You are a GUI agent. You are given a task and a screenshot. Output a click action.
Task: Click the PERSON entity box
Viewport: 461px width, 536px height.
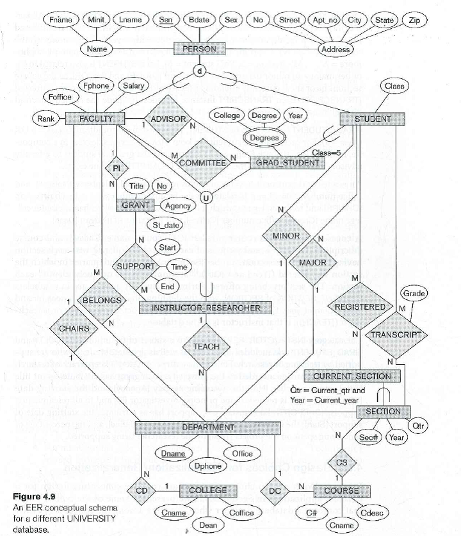[199, 48]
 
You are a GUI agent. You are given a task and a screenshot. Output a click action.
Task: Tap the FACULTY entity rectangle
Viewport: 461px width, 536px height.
[95, 119]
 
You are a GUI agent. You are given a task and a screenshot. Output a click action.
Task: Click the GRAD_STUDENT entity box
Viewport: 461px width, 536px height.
[287, 163]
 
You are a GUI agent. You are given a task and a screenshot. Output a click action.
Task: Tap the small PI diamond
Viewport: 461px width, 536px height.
[116, 169]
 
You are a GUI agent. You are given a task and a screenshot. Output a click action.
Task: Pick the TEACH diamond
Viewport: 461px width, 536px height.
[206, 346]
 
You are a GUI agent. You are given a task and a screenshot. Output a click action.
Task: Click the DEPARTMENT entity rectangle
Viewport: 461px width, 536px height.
[200, 426]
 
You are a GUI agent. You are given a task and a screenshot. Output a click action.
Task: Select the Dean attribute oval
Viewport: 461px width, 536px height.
[204, 525]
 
